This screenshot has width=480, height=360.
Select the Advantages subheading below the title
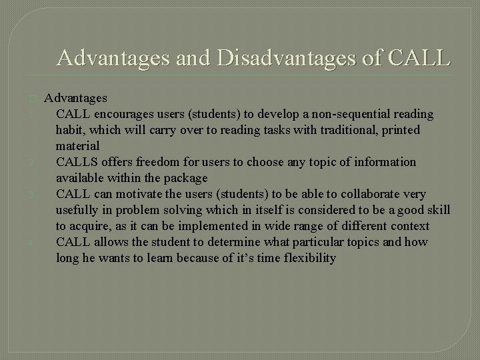75,98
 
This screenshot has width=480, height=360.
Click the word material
77,146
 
